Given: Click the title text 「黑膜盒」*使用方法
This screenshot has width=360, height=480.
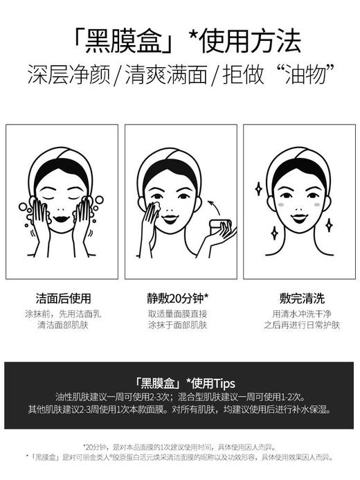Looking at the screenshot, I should pyautogui.click(x=181, y=41).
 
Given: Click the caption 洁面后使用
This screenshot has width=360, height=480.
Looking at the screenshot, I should pyautogui.click(x=62, y=299).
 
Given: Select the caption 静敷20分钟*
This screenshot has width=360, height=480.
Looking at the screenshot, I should pyautogui.click(x=181, y=299).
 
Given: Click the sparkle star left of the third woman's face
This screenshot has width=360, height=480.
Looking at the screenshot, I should pyautogui.click(x=258, y=188).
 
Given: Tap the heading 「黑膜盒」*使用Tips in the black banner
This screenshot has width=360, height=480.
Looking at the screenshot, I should pyautogui.click(x=181, y=382).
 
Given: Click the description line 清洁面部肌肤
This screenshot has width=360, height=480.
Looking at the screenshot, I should pyautogui.click(x=62, y=325).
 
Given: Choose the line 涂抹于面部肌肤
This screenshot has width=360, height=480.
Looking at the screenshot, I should pyautogui.click(x=181, y=325).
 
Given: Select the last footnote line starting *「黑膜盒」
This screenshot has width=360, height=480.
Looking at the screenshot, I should pyautogui.click(x=181, y=457).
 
